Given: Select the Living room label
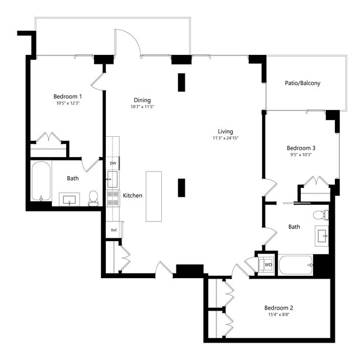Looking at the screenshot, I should (225, 131).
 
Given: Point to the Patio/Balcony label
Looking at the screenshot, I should (302, 83).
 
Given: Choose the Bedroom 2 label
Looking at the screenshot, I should (279, 308).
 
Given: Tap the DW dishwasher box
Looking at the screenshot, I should (113, 163).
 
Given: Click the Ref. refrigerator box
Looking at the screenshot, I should (113, 230).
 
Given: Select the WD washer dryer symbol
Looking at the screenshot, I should (268, 264).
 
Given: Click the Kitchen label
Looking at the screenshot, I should (132, 196).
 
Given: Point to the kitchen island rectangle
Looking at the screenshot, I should (153, 196).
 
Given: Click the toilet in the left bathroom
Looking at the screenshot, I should (93, 197).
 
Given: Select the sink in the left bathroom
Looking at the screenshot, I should (70, 199).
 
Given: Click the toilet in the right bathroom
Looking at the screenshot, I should (320, 215).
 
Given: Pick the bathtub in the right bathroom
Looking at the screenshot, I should (295, 265).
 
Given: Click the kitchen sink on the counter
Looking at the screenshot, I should (113, 179).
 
